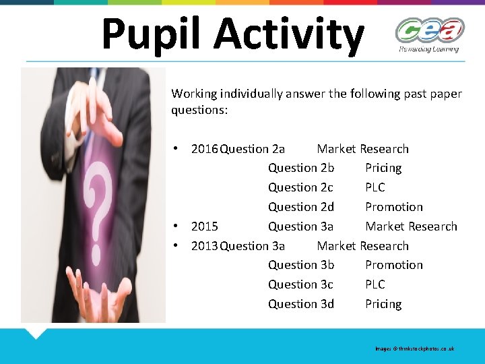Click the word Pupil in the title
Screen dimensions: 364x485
[x=141, y=34]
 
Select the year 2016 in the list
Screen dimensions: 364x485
[x=204, y=149]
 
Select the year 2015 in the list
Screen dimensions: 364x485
[x=204, y=226]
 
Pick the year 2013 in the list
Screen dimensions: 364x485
[x=204, y=246]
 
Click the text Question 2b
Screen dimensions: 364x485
[x=301, y=168]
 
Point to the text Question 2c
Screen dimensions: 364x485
[x=300, y=187]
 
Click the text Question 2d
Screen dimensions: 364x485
[x=301, y=207]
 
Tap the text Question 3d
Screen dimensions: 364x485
[x=301, y=304]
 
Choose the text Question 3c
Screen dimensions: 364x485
[x=300, y=284]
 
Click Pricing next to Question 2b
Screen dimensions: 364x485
[x=383, y=168]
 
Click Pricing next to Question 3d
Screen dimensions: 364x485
[x=383, y=304]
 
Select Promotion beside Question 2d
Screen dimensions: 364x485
[x=394, y=207]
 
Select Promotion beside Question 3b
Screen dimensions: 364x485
[x=394, y=265]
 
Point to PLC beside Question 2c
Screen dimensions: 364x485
[x=375, y=187]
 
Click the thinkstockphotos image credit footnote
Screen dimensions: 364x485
[x=415, y=348]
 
